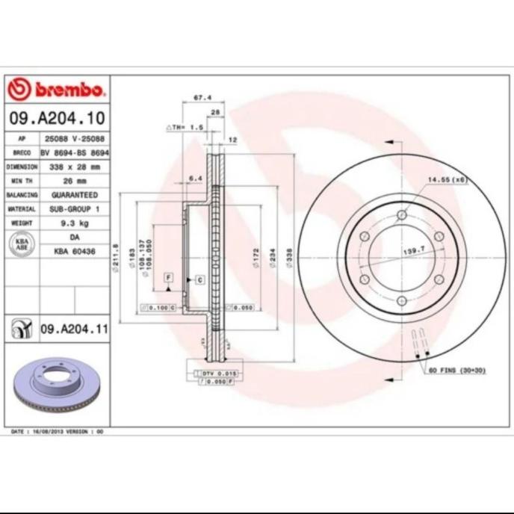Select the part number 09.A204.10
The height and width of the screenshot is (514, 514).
click(x=57, y=118)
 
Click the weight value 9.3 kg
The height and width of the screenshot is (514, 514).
click(x=74, y=223)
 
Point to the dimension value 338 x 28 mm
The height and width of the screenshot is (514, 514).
click(x=74, y=167)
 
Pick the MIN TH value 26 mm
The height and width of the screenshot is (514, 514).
click(x=74, y=181)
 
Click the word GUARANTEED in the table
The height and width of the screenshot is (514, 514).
click(x=74, y=195)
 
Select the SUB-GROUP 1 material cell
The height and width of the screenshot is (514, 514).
click(x=74, y=209)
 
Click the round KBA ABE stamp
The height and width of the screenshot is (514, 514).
click(x=22, y=245)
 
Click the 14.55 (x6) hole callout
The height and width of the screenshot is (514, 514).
click(x=447, y=180)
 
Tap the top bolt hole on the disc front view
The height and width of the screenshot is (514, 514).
click(x=402, y=215)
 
